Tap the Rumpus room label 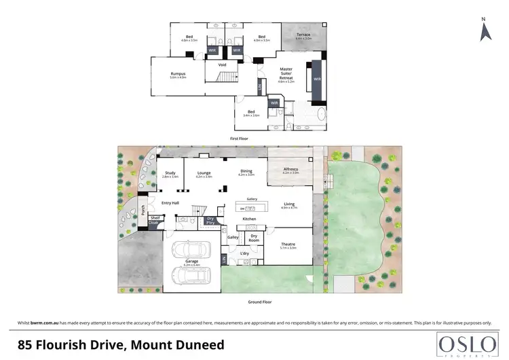[178, 73]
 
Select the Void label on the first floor [222, 65]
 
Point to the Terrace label [303, 35]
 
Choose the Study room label [170, 173]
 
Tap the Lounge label [204, 173]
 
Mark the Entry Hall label [170, 203]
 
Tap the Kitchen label [249, 219]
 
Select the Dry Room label [254, 238]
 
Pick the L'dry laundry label [245, 254]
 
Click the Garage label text [191, 261]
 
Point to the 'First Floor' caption [238, 139]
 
